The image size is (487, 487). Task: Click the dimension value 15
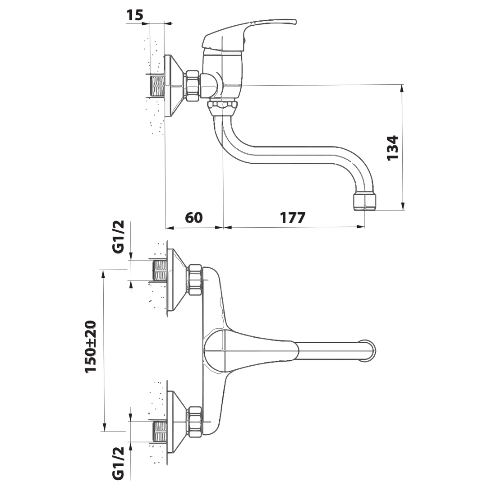(135, 15)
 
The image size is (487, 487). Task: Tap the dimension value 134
(393, 147)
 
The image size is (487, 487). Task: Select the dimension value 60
(194, 217)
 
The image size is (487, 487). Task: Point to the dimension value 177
(293, 217)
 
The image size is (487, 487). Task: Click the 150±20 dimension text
(91, 346)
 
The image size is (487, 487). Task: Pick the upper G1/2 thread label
(118, 237)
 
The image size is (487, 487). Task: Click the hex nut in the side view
(193, 85)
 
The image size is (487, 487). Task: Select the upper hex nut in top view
(194, 280)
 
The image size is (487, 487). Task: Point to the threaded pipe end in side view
(157, 85)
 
